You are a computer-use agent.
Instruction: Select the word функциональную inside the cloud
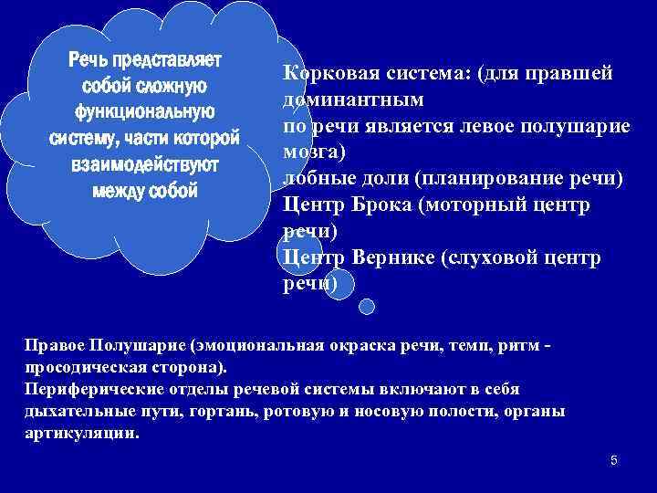pyautogui.click(x=145, y=112)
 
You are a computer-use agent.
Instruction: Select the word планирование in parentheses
pyautogui.click(x=483, y=178)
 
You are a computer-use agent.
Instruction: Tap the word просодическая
pyautogui.click(x=82, y=368)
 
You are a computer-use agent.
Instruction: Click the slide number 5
pyautogui.click(x=614, y=460)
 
